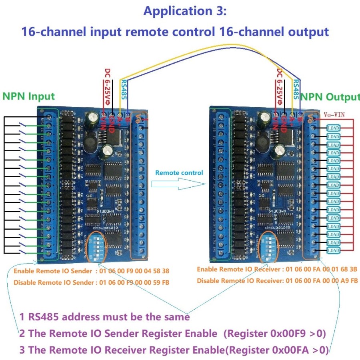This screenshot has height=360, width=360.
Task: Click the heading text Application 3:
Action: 185,11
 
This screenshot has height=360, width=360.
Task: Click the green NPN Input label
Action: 28,96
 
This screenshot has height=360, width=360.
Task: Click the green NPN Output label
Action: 330,97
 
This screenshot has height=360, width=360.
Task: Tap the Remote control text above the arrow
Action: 179,173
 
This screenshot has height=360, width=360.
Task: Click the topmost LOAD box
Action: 333,128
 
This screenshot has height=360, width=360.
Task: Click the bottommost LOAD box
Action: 333,250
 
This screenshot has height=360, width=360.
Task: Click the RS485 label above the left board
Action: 124,90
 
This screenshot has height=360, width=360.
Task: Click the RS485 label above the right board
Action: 296,90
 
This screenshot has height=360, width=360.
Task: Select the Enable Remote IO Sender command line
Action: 92,271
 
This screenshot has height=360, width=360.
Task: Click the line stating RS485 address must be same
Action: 105,317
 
